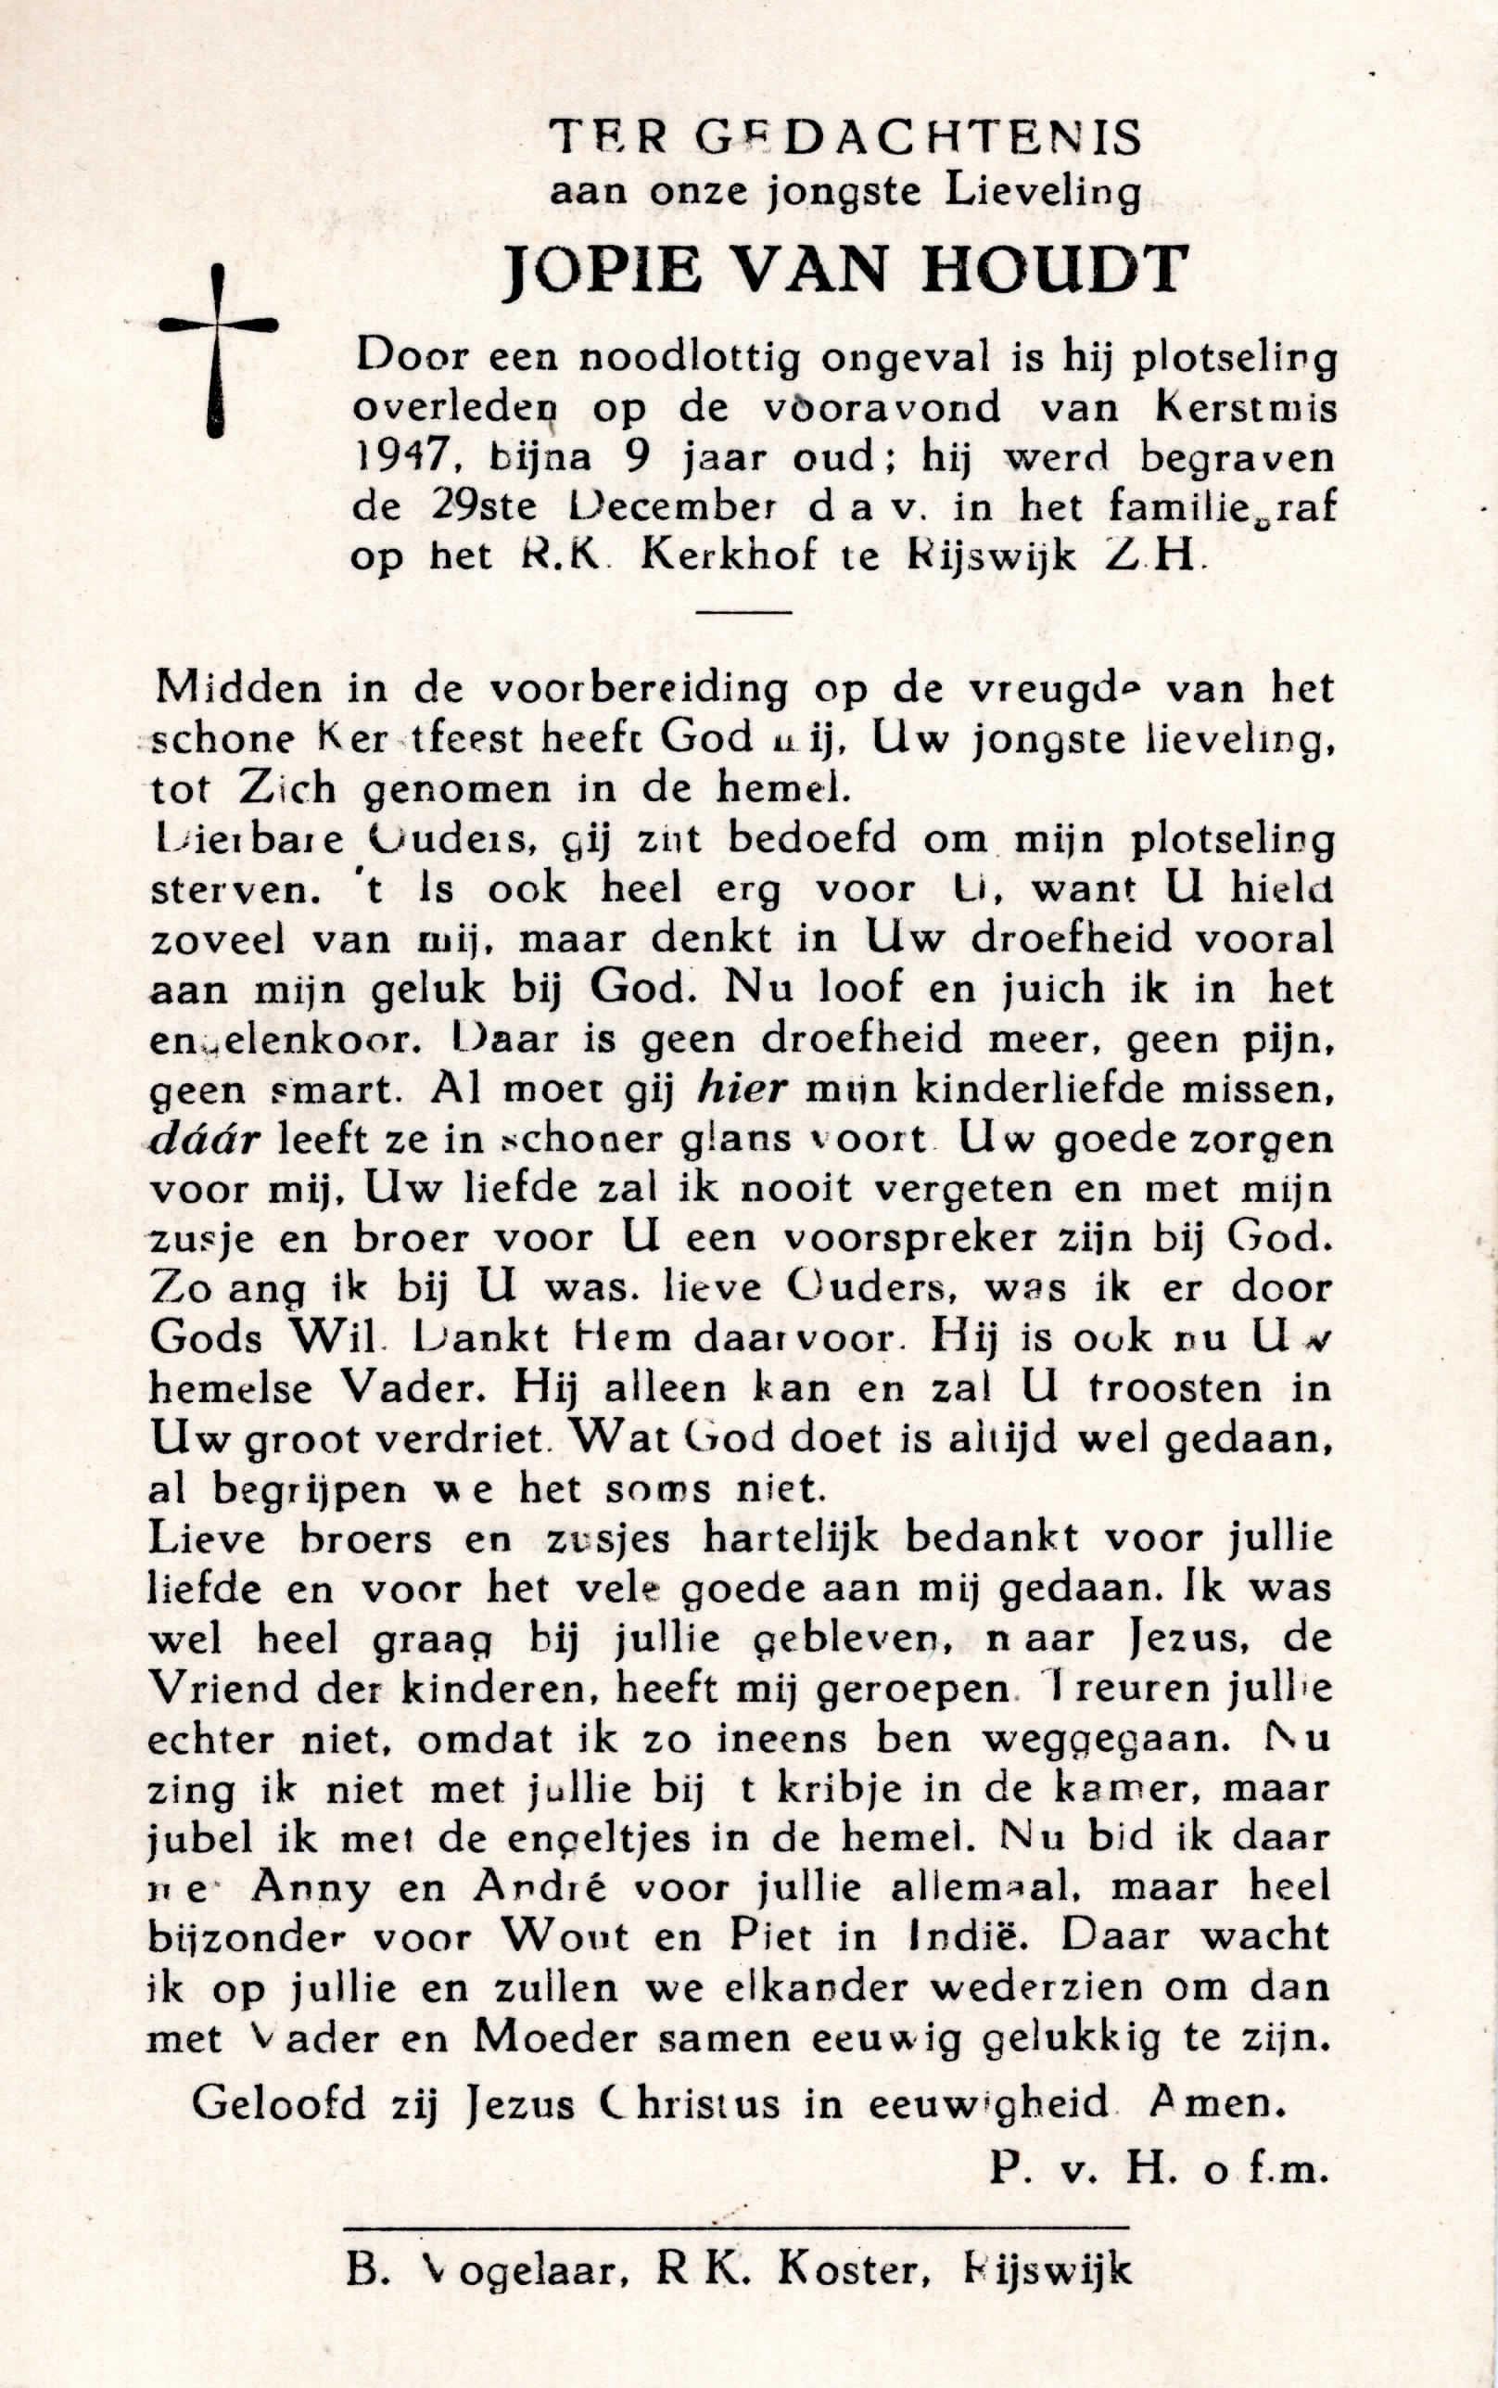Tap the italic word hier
(743, 1089)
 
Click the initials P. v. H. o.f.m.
(1156, 2170)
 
